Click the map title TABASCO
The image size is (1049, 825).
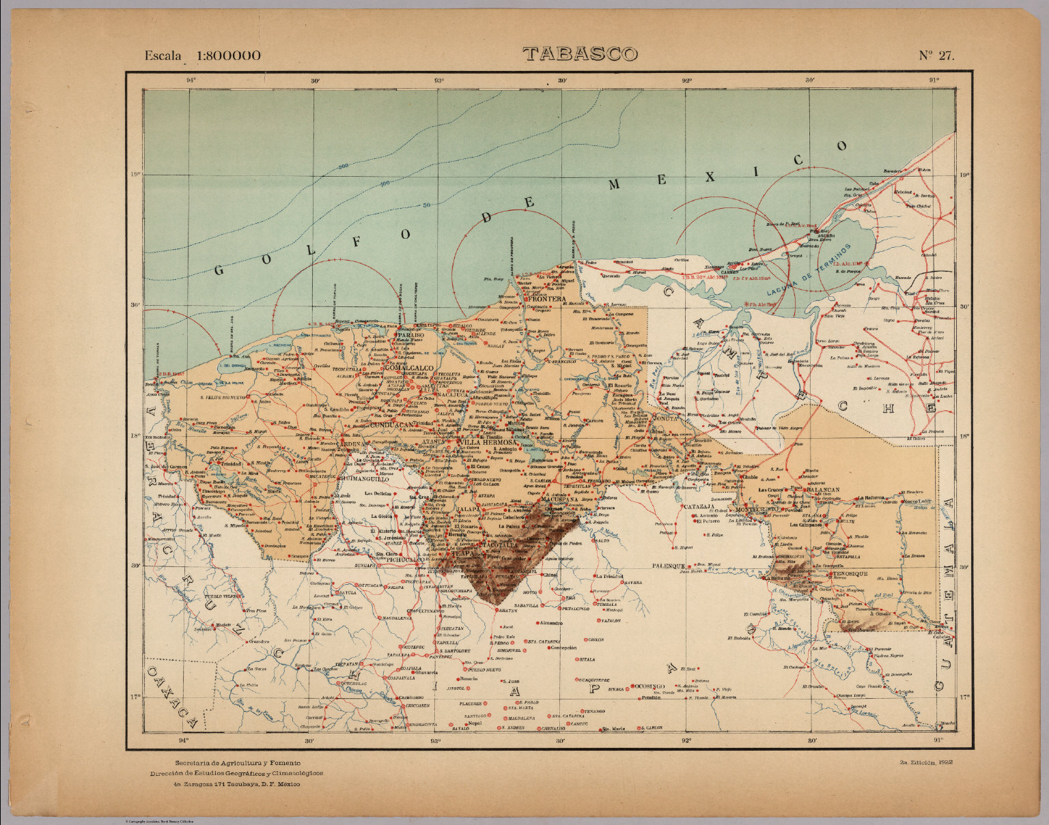click(x=580, y=54)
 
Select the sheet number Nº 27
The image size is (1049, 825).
click(x=936, y=56)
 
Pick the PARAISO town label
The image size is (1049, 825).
click(x=412, y=336)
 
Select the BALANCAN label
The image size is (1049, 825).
click(x=822, y=490)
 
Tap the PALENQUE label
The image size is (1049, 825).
click(x=668, y=566)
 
